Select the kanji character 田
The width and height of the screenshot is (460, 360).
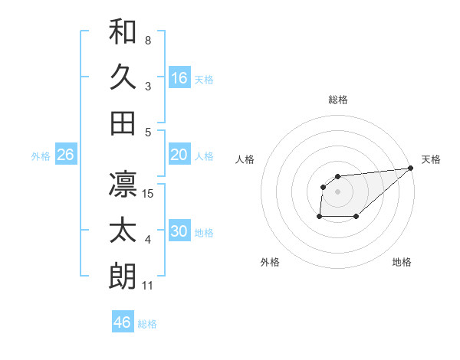pos(123,123)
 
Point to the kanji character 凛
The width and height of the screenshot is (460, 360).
pos(123,184)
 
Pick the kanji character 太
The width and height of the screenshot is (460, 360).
pos(123,231)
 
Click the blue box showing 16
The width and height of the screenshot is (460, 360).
pos(179,77)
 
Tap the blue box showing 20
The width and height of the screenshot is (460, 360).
pos(179,155)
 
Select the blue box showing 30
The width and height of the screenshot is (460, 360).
pos(179,231)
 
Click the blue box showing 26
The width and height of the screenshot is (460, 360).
pos(65,155)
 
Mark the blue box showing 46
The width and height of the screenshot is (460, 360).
pos(123,322)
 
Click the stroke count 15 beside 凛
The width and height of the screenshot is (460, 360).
pos(149,194)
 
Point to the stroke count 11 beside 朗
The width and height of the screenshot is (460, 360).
pos(149,286)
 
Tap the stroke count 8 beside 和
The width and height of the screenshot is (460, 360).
pos(148,40)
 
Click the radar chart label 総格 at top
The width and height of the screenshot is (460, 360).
pos(338,100)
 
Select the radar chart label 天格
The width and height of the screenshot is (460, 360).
pos(431,159)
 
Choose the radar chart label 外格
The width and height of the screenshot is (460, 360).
pos(270,262)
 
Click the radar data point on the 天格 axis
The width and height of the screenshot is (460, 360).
pos(411,169)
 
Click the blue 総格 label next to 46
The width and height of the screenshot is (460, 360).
pos(147,323)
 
